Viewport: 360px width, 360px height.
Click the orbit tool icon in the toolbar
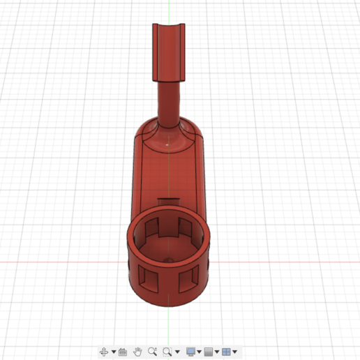point(103,352)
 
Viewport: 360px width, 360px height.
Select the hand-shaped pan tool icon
point(138,352)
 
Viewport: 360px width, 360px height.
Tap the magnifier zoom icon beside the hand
point(152,352)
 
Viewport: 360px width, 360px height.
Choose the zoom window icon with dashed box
point(167,352)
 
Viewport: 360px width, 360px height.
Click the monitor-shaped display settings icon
point(190,352)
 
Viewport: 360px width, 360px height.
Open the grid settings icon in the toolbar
point(209,352)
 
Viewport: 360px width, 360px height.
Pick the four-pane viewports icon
point(227,352)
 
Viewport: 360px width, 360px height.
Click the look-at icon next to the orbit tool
point(122,352)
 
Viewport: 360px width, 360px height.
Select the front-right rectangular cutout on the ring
point(186,280)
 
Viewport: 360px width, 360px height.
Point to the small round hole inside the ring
point(167,259)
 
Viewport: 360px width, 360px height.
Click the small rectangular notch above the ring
point(167,201)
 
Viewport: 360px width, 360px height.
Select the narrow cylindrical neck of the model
point(168,101)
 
